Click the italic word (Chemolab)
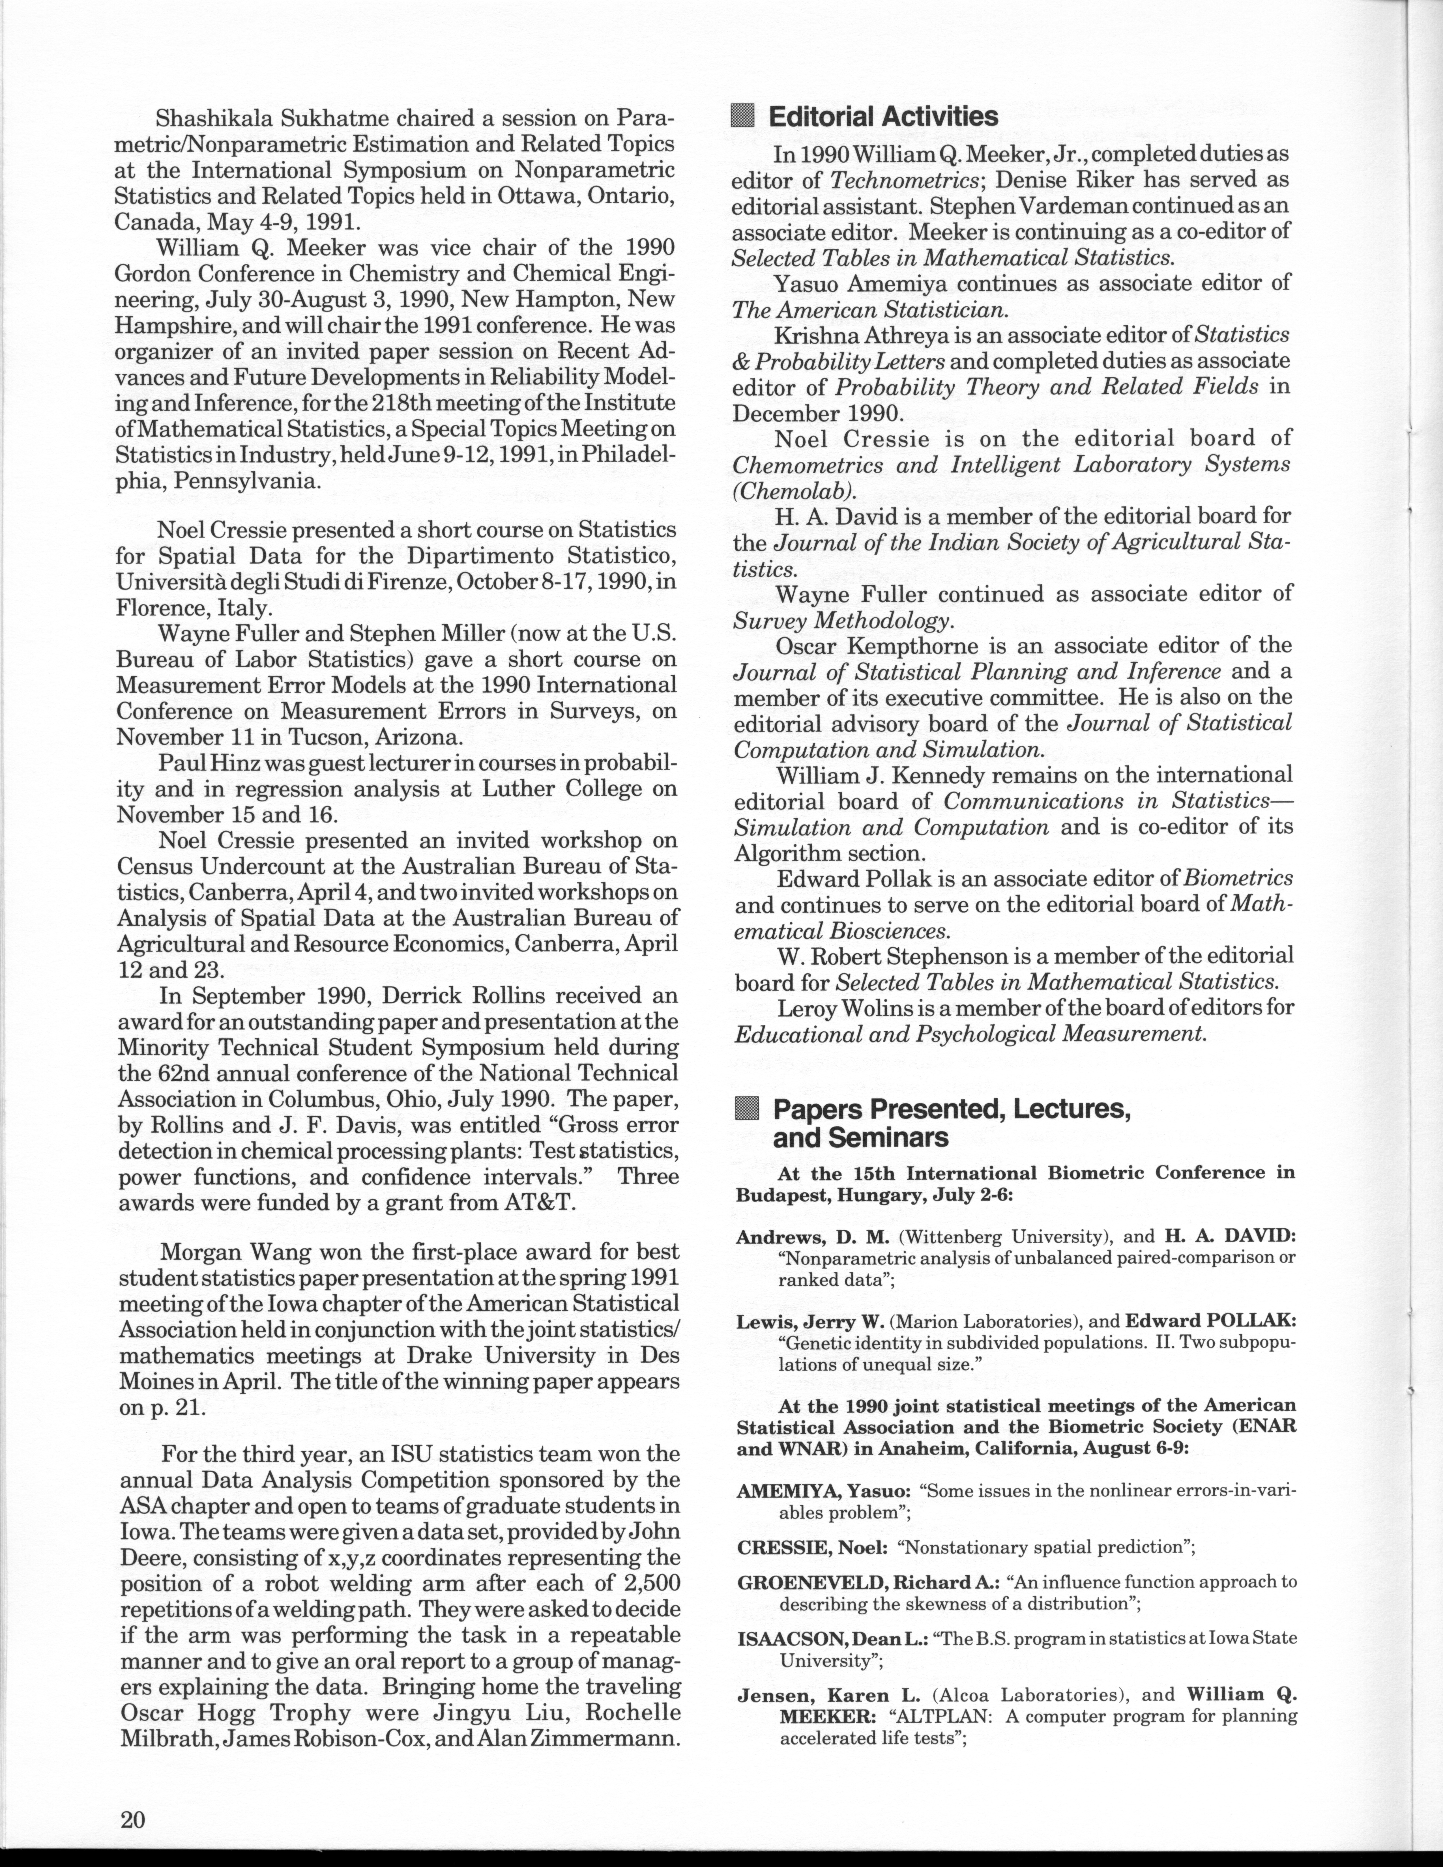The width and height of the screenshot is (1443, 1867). pos(795,491)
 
